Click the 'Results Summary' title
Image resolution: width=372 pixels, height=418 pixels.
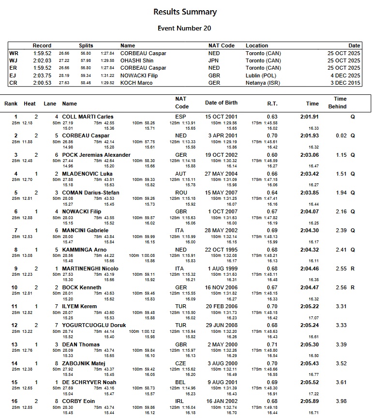pyautogui.click(x=185, y=12)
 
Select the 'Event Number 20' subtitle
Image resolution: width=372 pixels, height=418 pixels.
pyautogui.click(x=184, y=29)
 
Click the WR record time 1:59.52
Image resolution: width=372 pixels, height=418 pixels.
pyautogui.click(x=42, y=53)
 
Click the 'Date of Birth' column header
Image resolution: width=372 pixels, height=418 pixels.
pyautogui.click(x=221, y=103)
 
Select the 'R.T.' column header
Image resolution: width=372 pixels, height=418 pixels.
pyautogui.click(x=272, y=104)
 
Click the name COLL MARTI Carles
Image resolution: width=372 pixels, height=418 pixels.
pyautogui.click(x=88, y=117)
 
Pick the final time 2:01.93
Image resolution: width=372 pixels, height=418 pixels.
pyautogui.click(x=309, y=136)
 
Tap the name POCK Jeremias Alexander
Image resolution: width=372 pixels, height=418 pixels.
pyautogui.click(x=96, y=155)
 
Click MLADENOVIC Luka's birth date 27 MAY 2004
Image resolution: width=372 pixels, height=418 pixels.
pyautogui.click(x=221, y=174)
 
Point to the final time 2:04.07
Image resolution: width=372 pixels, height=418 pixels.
pyautogui.click(x=309, y=211)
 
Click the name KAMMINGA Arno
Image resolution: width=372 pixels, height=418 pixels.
pyautogui.click(x=85, y=250)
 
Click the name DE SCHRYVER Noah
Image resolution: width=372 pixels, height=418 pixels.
pyautogui.click(x=89, y=382)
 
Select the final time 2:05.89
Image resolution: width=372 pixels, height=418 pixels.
pyautogui.click(x=309, y=401)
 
